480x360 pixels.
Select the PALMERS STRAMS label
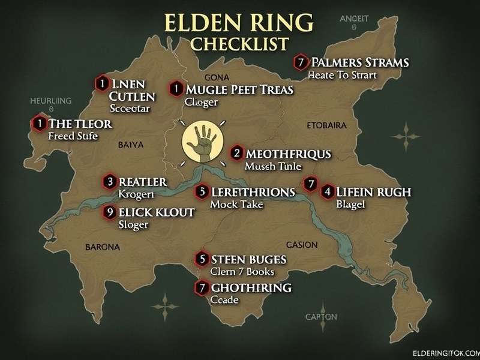tap(360, 62)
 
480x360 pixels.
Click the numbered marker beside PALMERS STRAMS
tap(300, 62)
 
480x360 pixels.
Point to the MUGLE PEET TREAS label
tap(239, 90)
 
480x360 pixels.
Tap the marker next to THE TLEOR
tap(39, 123)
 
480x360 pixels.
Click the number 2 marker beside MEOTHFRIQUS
tap(236, 153)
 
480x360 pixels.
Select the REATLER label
tap(143, 181)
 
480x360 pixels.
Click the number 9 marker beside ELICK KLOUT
tap(109, 211)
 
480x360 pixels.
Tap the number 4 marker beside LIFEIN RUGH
tap(327, 192)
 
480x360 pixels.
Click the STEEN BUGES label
tap(249, 259)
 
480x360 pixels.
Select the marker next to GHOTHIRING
tap(202, 287)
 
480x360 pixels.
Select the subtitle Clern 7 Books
tap(241, 271)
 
